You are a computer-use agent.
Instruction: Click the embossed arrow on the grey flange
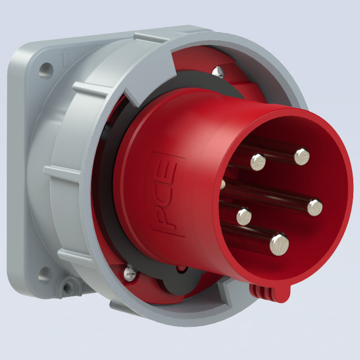pos(65,59)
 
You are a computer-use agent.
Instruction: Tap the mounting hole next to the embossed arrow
pos(46,70)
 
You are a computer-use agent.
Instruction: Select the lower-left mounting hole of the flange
pos(44,275)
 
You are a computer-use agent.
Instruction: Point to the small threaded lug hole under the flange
pos(68,287)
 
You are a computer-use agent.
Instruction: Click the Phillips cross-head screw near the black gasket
pos(130,273)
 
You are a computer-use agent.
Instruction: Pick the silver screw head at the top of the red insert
pos(218,72)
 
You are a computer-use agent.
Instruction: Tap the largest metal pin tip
pos(279,245)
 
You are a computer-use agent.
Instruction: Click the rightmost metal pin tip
pos(315,208)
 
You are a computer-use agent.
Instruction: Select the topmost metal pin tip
pos(302,156)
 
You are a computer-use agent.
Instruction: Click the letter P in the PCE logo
pos(166,219)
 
